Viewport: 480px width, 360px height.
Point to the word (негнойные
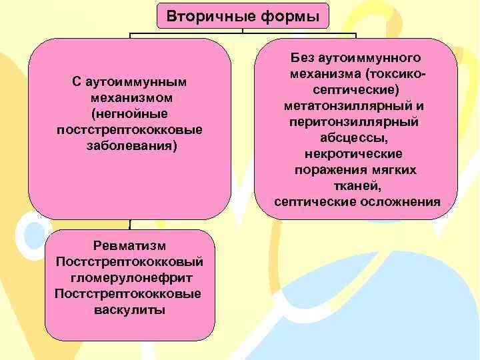[130, 113]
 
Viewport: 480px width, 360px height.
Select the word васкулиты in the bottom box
[130, 309]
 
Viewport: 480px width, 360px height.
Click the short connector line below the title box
[243, 31]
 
